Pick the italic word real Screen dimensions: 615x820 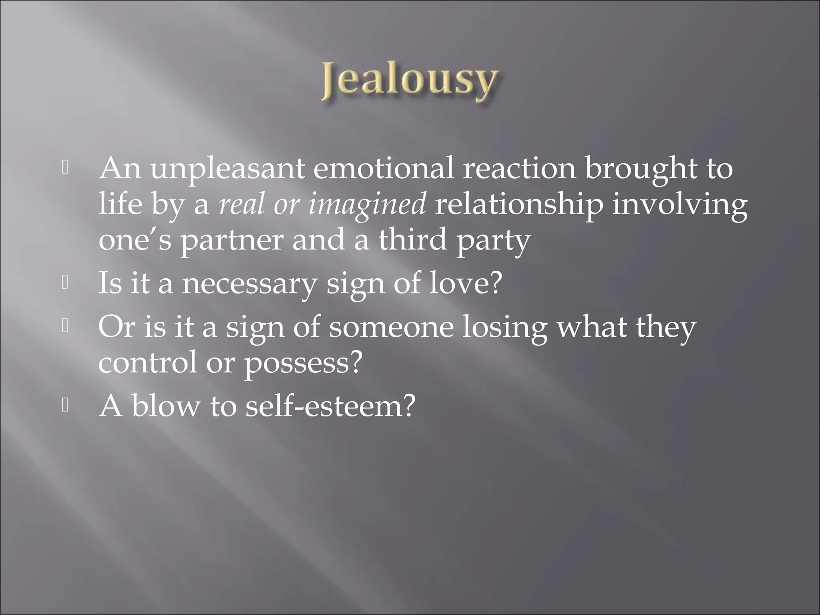(x=242, y=204)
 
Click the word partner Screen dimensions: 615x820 (x=231, y=240)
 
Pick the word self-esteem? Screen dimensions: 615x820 (x=331, y=406)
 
